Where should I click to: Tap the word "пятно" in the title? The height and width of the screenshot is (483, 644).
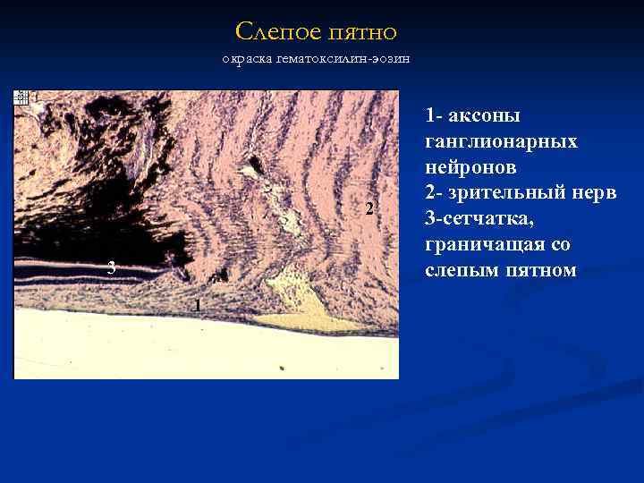click(362, 33)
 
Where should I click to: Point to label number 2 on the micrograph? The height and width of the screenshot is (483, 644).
click(369, 209)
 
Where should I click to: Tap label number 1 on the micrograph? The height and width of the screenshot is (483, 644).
click(198, 306)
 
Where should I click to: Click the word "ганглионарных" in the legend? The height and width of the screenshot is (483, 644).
click(501, 141)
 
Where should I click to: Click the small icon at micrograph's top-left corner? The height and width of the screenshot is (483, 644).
click(21, 97)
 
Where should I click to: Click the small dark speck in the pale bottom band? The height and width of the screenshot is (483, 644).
click(281, 368)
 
